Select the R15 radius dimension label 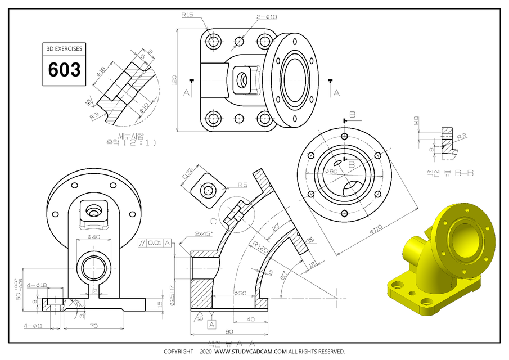(x=187, y=15)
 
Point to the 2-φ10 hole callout (x=267, y=17)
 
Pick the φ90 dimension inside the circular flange (x=330, y=171)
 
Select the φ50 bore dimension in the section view (x=240, y=294)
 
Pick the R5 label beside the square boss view (x=242, y=184)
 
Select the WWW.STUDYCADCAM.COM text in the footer (x=250, y=352)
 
